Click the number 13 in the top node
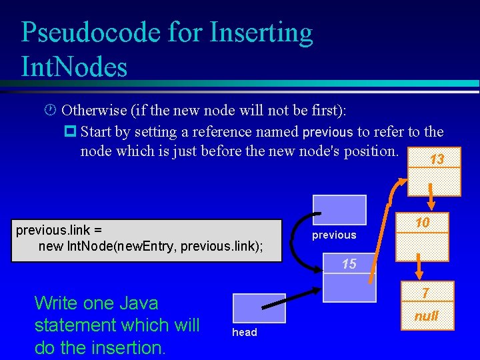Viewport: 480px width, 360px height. tap(437, 160)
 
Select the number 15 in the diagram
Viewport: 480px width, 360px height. tap(349, 264)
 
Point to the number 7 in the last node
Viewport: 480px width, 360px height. tap(426, 293)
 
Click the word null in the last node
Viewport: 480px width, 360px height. tap(426, 316)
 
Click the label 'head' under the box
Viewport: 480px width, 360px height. tap(244, 333)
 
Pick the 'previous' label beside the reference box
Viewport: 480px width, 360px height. tap(334, 235)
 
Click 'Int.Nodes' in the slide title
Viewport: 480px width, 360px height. tap(74, 67)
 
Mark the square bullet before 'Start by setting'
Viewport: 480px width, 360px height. tap(71, 131)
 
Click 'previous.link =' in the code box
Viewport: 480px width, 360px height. tap(59, 231)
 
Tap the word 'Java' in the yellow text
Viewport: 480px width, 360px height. tap(135, 303)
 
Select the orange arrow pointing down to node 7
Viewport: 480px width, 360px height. tap(419, 268)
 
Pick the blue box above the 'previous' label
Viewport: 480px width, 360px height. tap(340, 210)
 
